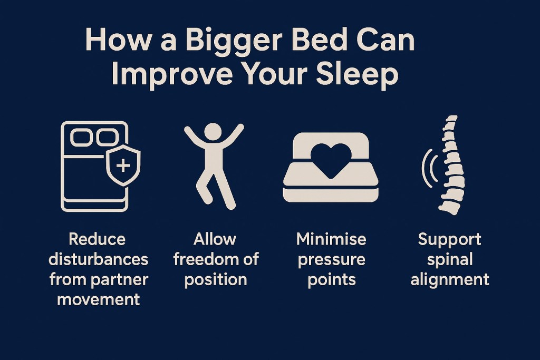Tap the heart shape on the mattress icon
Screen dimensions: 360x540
[x=331, y=158]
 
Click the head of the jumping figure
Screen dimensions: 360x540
[x=214, y=132]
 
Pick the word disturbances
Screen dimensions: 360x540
[x=98, y=259]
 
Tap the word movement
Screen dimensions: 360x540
[x=98, y=299]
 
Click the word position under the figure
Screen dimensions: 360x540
[x=215, y=279]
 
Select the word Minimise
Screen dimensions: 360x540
[x=331, y=239]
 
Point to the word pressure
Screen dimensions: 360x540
[x=331, y=259]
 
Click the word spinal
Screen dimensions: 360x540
[x=450, y=259]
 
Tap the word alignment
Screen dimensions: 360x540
[x=450, y=279]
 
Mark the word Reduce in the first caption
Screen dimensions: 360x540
[x=98, y=239]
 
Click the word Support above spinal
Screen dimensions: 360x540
[x=450, y=239]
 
